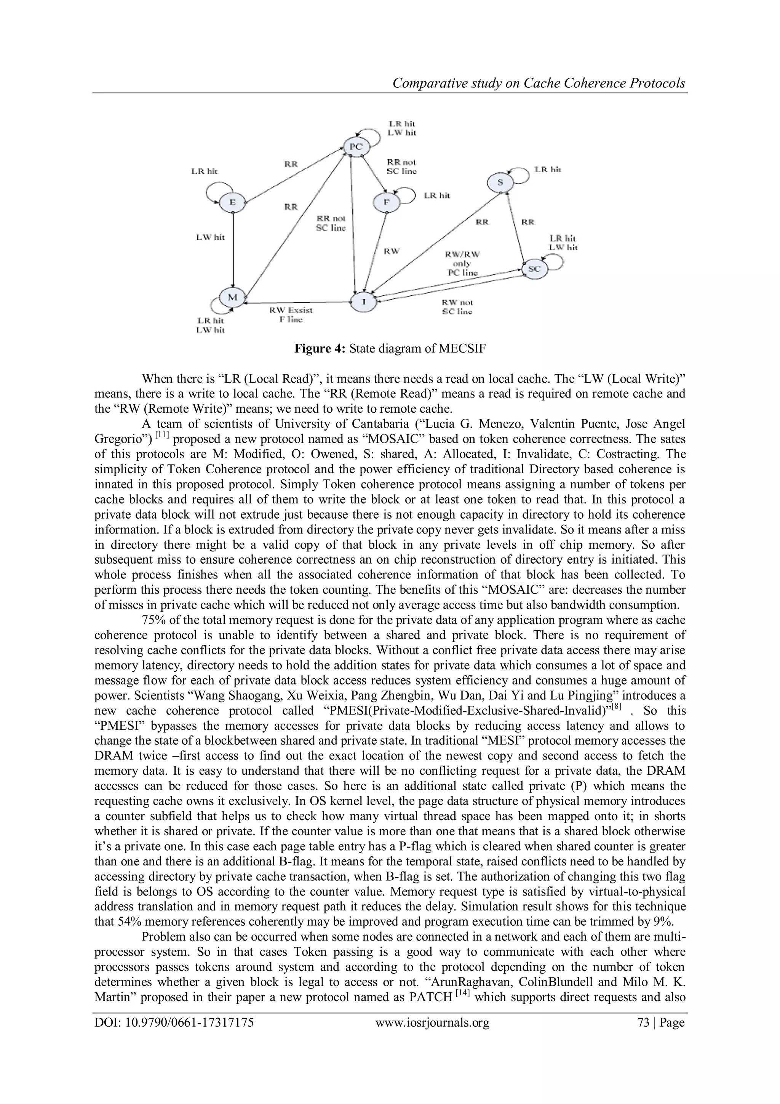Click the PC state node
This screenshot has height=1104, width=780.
tap(356, 147)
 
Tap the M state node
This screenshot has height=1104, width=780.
tap(233, 297)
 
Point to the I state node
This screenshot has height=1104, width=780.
tap(363, 301)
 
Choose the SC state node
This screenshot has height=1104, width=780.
tap(534, 269)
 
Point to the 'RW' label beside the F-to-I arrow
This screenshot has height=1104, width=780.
tap(391, 251)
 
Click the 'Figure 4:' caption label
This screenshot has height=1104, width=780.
tap(320, 349)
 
